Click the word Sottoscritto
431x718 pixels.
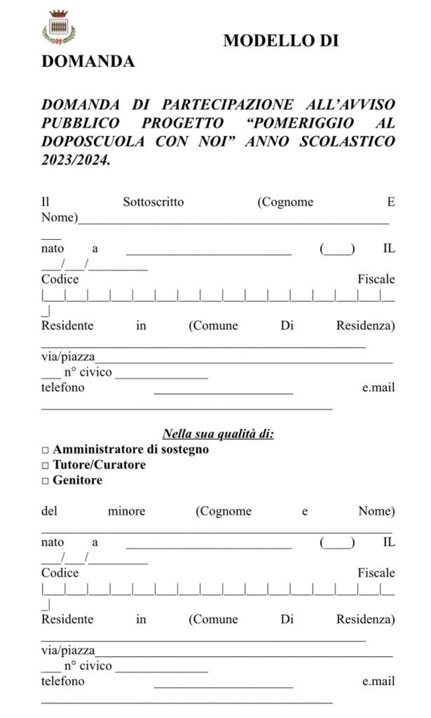coord(153,202)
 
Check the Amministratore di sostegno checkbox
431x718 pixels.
coord(45,450)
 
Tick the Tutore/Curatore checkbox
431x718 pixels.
coord(45,465)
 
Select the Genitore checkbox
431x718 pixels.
coord(45,481)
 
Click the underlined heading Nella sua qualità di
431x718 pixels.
coord(218,433)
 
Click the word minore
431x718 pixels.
coord(126,511)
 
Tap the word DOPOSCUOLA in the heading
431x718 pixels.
coord(93,142)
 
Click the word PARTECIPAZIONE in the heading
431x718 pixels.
coord(227,104)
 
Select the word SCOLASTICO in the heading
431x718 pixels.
coord(347,142)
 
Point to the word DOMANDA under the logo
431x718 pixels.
coord(88,61)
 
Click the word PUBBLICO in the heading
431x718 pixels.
coord(80,123)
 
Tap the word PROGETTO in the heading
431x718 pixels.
coord(182,123)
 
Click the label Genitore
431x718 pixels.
coord(77,480)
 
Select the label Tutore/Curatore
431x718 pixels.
coord(99,465)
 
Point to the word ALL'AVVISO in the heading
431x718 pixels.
coord(350,104)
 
